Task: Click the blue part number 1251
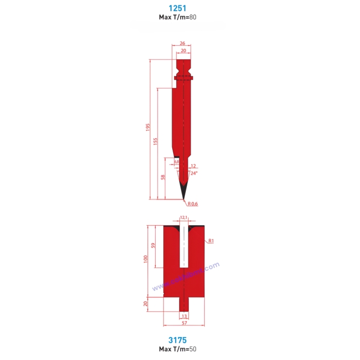177,8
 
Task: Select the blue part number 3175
177,340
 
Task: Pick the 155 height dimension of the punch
155,141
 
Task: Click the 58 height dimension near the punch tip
163,178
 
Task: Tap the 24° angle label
194,173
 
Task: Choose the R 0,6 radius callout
193,204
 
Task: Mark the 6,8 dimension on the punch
176,161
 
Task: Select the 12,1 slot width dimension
183,217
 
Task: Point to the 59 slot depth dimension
152,246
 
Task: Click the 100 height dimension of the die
145,259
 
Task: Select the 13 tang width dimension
184,316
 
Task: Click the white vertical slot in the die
183,248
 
